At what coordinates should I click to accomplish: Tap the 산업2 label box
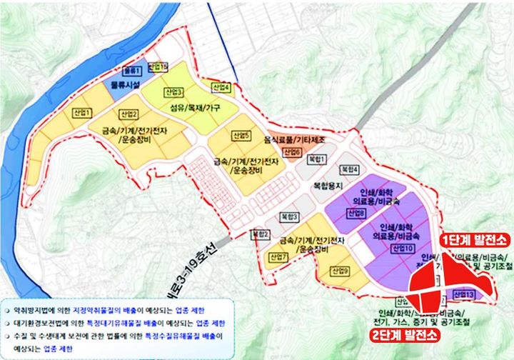pyautogui.click(x=128, y=114)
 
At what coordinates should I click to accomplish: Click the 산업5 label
pyautogui.click(x=241, y=136)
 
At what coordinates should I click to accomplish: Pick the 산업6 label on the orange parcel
pyautogui.click(x=291, y=152)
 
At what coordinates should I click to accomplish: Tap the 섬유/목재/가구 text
pyautogui.click(x=195, y=108)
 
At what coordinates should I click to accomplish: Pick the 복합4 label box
pyautogui.click(x=349, y=169)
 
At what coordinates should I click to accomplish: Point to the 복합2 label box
pyautogui.click(x=260, y=234)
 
